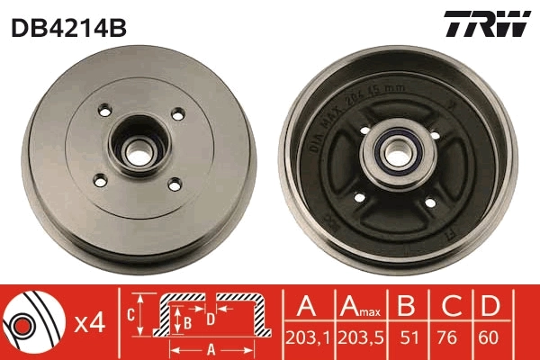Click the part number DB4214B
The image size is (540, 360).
click(x=68, y=28)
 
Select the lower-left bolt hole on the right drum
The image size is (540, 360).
click(x=358, y=197)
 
